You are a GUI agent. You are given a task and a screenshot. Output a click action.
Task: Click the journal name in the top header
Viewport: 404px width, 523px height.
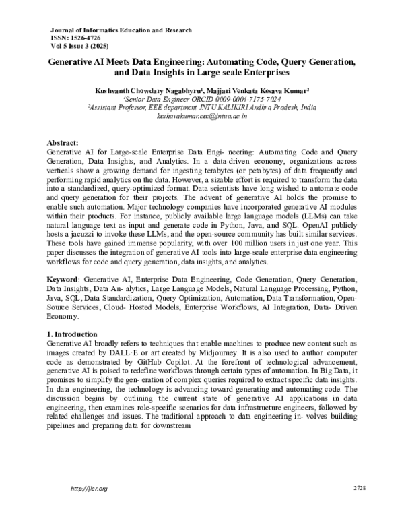tap(121, 30)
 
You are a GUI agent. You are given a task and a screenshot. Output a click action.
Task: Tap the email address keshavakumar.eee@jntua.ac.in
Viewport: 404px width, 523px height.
tap(202, 116)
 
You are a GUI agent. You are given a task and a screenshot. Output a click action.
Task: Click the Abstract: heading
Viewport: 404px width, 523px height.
tap(63, 144)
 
